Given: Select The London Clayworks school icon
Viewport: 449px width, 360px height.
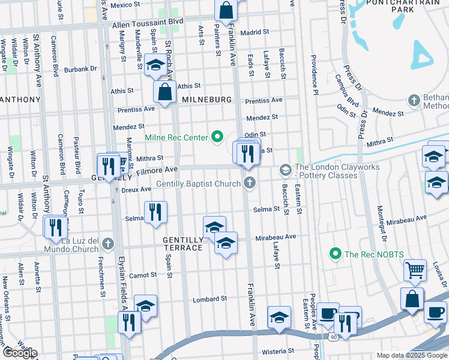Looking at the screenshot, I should (285, 171).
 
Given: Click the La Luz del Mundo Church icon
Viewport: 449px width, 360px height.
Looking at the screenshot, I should (107, 244).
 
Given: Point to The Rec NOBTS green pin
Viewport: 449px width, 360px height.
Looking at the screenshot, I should (336, 254).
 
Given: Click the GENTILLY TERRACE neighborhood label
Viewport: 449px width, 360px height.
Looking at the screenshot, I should (183, 243).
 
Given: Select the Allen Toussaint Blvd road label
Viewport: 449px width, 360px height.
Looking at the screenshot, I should (147, 21).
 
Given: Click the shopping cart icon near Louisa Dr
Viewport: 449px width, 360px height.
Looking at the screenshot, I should (415, 271).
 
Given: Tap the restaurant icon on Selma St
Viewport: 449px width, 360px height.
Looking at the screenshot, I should (155, 212).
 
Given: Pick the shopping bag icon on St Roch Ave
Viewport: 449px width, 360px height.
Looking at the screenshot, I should (164, 92).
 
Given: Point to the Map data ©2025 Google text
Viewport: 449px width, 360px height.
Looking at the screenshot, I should (412, 355).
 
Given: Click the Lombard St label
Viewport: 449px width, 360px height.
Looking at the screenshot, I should (209, 299).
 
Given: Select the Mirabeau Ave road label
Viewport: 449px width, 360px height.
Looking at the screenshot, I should (276, 237).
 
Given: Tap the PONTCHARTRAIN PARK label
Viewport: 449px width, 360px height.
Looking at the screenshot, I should (399, 7).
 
